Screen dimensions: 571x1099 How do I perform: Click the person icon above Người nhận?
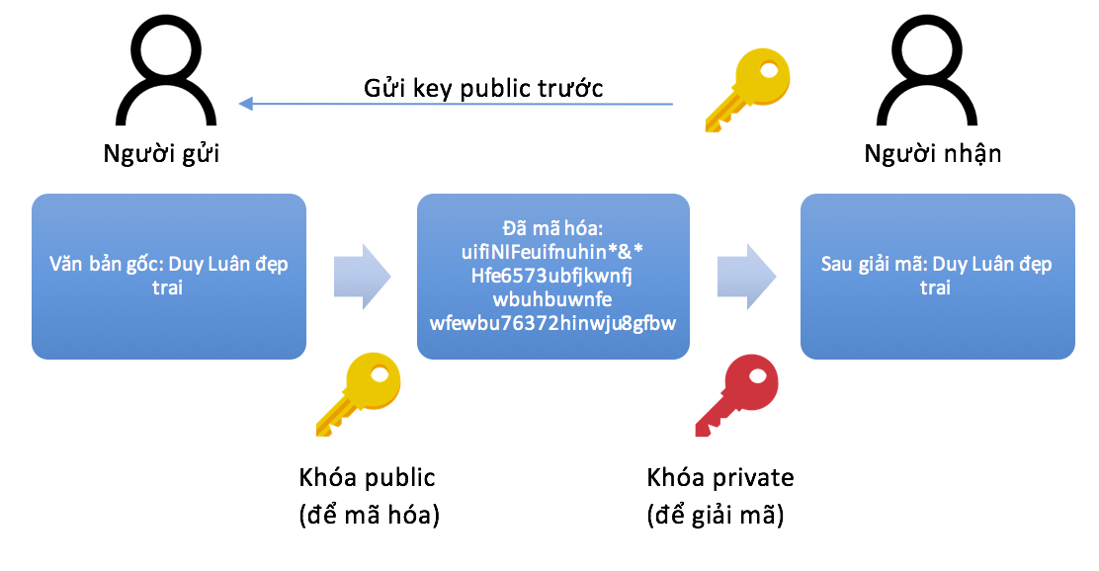click(936, 77)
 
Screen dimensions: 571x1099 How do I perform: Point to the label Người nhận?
click(932, 154)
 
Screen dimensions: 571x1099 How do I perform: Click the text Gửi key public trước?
click(483, 88)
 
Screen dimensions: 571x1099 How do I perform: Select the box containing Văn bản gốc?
click(169, 277)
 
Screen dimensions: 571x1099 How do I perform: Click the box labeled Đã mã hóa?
click(552, 277)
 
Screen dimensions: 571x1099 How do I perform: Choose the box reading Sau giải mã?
click(937, 277)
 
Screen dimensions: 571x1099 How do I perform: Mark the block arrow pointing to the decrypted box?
click(744, 275)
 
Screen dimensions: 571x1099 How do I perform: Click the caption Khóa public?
click(367, 478)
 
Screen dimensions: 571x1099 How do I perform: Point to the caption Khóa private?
click(720, 478)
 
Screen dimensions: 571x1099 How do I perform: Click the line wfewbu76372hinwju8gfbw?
click(552, 322)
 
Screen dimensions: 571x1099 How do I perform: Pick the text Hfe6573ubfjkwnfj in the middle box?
click(552, 275)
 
